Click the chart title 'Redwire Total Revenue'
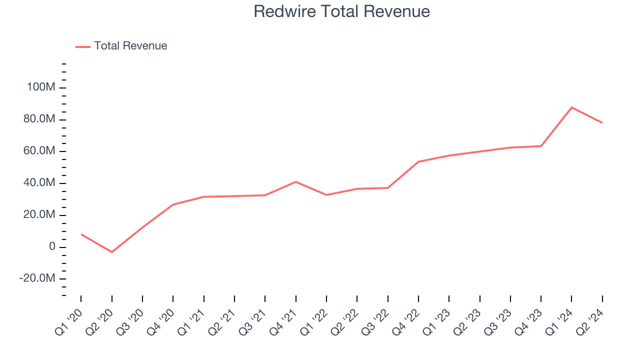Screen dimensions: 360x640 click(341, 11)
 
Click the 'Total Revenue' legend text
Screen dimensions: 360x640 click(130, 46)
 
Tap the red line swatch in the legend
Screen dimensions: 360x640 click(83, 46)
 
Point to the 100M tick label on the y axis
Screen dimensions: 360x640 click(41, 87)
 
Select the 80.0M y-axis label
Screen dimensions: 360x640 click(38, 119)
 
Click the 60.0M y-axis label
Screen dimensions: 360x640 click(38, 151)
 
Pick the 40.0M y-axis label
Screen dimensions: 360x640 click(38, 183)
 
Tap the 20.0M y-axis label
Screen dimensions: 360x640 click(38, 215)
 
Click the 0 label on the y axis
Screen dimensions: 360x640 click(51, 247)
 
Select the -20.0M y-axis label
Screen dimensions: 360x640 click(36, 279)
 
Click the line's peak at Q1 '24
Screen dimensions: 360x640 click(571, 107)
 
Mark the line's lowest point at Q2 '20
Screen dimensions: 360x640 click(111, 252)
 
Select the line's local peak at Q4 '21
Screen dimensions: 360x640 click(296, 181)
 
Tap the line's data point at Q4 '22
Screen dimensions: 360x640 click(418, 161)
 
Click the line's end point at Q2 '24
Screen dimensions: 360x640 click(602, 122)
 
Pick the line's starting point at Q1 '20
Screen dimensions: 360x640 click(81, 234)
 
